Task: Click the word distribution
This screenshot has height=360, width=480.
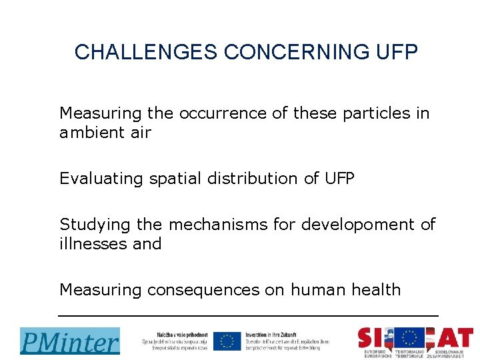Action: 251,179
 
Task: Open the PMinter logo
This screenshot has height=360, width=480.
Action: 70,341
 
